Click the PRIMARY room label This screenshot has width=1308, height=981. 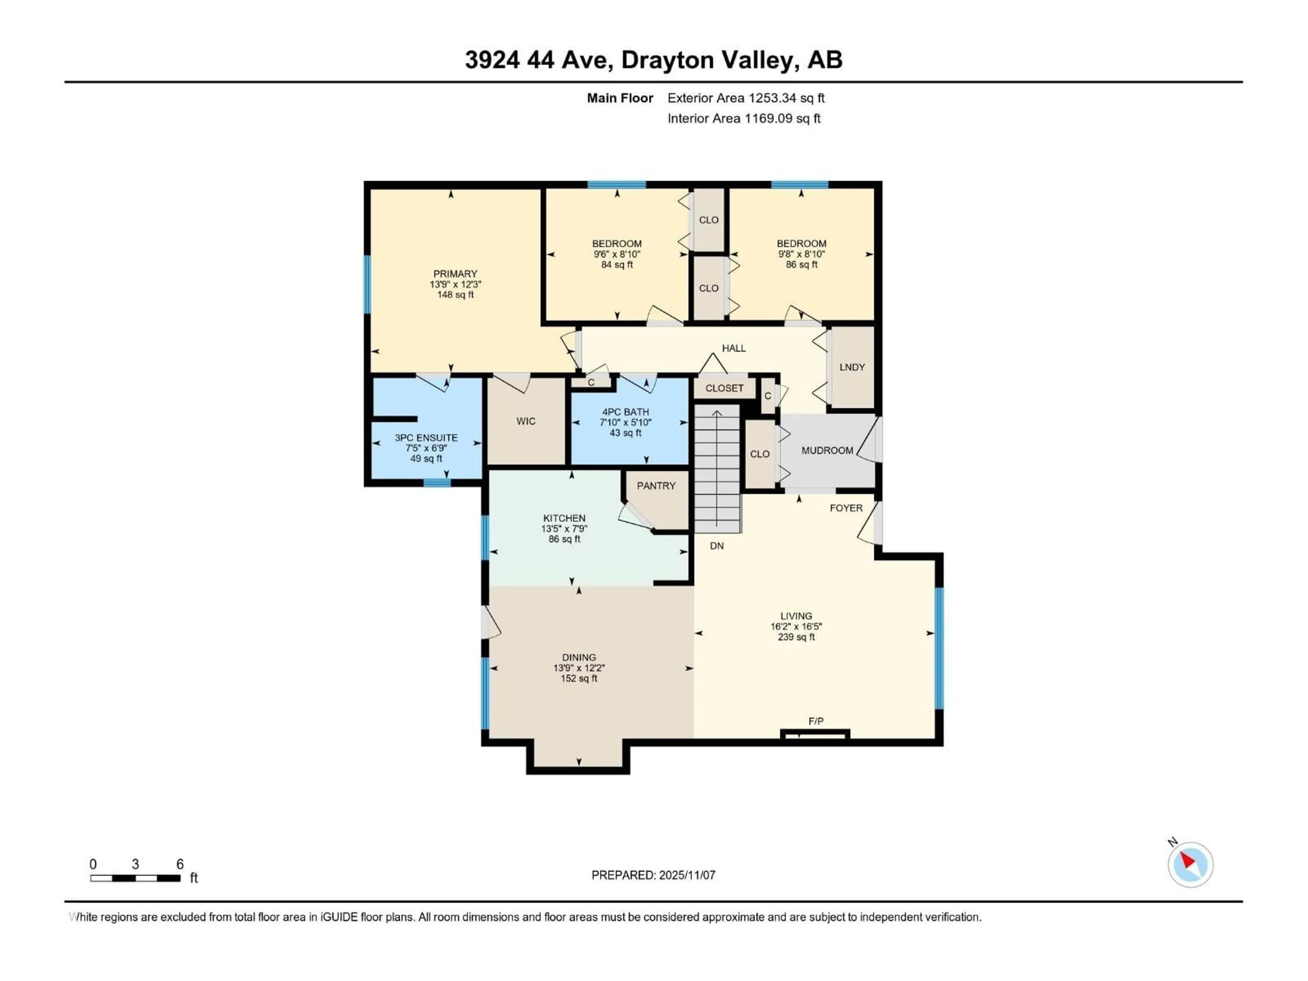[455, 274]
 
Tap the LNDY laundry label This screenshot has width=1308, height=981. [852, 367]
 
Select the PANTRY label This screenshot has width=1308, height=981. [656, 485]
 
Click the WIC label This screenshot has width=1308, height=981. [526, 421]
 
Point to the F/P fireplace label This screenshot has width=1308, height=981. [816, 721]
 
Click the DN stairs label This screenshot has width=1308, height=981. [717, 546]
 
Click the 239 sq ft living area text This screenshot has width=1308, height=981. [796, 637]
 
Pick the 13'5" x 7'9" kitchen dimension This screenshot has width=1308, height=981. [564, 529]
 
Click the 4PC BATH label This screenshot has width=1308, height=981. [626, 411]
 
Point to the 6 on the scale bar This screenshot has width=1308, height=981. [180, 864]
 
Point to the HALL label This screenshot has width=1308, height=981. [733, 348]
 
